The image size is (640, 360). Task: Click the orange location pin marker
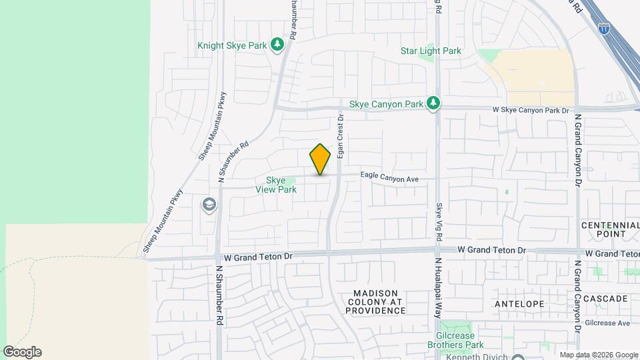click(x=320, y=159)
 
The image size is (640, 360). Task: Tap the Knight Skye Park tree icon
click(x=277, y=45)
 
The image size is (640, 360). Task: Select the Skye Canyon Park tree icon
click(x=434, y=103)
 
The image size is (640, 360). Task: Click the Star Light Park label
click(x=431, y=51)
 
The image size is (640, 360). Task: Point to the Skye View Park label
click(x=276, y=185)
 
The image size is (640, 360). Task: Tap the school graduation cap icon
click(x=209, y=204)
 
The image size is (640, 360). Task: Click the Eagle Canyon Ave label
click(x=389, y=178)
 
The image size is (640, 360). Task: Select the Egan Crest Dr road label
click(x=340, y=136)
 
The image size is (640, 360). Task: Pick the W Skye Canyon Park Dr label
click(x=531, y=109)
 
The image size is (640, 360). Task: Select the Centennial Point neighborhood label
click(x=612, y=229)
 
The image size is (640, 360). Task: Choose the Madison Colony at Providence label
click(x=376, y=302)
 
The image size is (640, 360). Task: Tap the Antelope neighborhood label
click(x=520, y=303)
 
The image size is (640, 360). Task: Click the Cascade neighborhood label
click(x=605, y=298)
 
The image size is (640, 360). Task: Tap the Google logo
click(x=22, y=351)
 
